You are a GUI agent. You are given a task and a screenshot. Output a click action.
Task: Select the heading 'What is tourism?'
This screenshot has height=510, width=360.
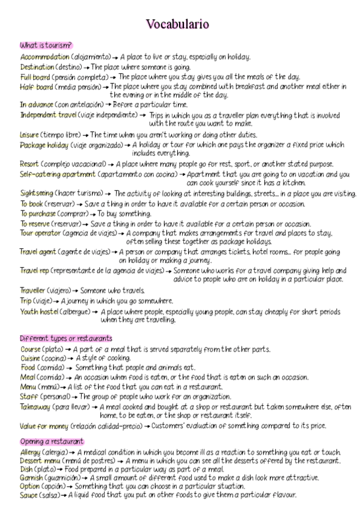(46, 46)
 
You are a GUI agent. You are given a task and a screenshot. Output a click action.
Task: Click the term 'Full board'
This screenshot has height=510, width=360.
(34, 77)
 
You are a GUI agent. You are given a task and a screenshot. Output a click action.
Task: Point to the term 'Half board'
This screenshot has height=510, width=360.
(34, 87)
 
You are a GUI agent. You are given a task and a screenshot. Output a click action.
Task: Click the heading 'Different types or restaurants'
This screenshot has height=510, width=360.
(66, 339)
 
